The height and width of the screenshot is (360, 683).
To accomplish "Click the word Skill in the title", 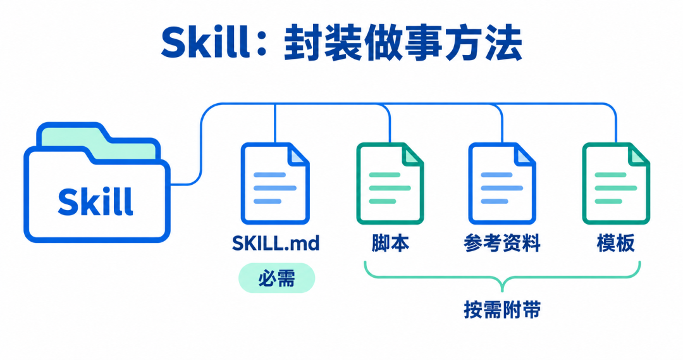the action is point(206,42).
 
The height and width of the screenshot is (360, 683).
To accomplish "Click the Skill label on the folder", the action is point(95,201).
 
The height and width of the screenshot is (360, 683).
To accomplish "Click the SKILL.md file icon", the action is point(275,183).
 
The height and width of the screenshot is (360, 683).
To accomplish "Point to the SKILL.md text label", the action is point(276,243).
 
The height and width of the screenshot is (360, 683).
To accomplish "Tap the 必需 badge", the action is point(276,278).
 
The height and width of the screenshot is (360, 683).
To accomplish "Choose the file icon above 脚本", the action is point(390,183).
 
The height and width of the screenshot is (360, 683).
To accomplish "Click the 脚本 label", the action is point(390,243).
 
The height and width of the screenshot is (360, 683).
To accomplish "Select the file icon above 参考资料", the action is point(501,183).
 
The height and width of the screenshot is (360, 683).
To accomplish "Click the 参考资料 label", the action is point(501,243).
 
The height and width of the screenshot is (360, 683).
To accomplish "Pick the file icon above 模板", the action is point(616,183).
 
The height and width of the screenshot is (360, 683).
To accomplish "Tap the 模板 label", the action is point(615,243).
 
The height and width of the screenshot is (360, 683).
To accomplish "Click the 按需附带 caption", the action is point(502,310).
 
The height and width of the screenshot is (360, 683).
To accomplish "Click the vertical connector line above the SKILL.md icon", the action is point(275,123).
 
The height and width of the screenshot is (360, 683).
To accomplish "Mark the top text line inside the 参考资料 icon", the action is point(496,175).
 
